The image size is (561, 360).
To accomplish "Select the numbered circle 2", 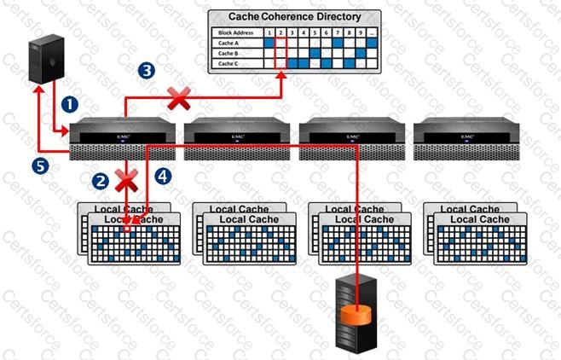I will [x=100, y=180].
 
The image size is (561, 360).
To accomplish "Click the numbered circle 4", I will [x=163, y=176].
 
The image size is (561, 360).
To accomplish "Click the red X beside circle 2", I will [x=127, y=180].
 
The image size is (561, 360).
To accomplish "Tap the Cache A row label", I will [x=227, y=42].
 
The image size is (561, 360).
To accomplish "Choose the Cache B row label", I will [x=227, y=52].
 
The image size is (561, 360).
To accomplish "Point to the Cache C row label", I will [x=227, y=62].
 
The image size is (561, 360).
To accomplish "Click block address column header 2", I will [x=281, y=32].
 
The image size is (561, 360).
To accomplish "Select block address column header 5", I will [x=315, y=32].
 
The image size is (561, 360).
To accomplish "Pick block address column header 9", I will [x=360, y=32].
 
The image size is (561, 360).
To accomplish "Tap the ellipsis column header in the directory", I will [x=373, y=32].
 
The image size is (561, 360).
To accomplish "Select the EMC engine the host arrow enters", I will [x=122, y=136].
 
